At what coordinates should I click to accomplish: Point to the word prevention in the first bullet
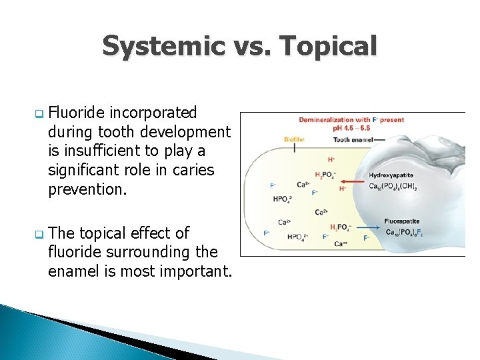(87, 189)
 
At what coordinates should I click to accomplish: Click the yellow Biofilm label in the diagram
(293, 139)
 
